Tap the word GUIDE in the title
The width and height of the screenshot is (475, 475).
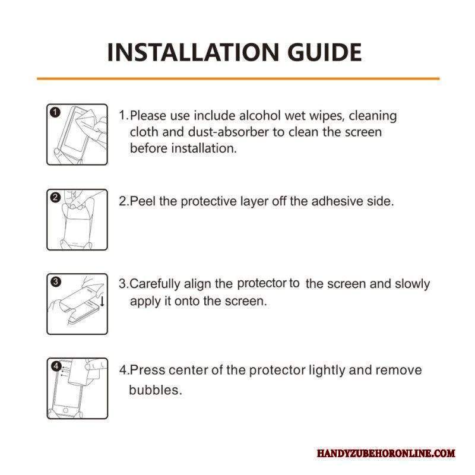pos(324,52)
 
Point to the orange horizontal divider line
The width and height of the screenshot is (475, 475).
pos(238,79)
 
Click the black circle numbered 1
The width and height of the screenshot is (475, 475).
pos(55,112)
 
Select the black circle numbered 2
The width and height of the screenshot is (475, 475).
pos(55,198)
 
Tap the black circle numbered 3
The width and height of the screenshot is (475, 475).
pos(55,281)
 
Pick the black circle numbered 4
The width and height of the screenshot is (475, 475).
pos(56,366)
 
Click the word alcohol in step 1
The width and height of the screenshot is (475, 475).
pos(259,116)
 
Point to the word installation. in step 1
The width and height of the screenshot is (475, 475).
pos(204,148)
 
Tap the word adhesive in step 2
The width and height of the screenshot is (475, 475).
pos(337,201)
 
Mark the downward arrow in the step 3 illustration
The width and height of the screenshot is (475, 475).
pos(102,301)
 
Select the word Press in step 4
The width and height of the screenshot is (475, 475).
pos(147,370)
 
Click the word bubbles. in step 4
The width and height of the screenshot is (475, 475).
pos(156,390)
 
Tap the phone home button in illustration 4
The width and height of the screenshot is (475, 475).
pos(65,410)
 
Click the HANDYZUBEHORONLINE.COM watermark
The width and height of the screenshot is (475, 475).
pos(386,453)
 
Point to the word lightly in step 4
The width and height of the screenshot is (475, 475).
pos(327,370)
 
